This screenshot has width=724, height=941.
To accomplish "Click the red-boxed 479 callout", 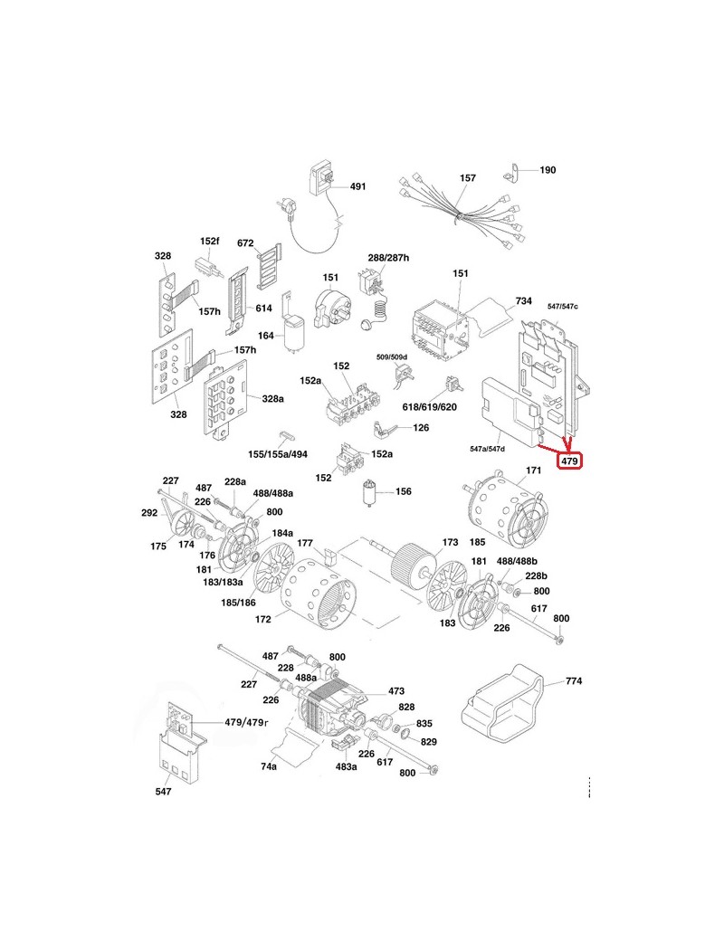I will (x=569, y=461).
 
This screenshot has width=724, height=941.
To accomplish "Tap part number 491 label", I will (x=358, y=186).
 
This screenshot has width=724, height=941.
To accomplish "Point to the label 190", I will (x=548, y=170).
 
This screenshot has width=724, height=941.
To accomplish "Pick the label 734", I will (x=523, y=300).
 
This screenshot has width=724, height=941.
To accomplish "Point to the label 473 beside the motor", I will (x=396, y=690).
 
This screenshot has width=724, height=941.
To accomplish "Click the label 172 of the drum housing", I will (x=263, y=620).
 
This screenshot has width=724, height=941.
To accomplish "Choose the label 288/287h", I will (x=388, y=258).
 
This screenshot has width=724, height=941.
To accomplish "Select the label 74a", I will (x=269, y=766).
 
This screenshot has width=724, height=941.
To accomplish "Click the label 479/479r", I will (x=247, y=723).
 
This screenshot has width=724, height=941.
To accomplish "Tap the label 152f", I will (x=210, y=242).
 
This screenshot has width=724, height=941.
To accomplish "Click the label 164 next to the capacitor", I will (x=265, y=336).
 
